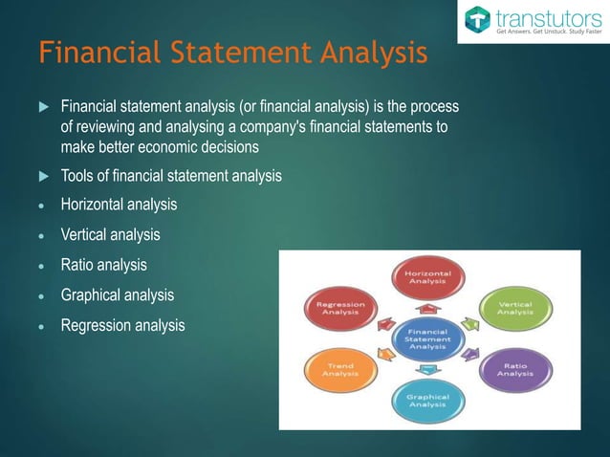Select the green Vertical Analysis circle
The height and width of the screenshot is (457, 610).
click(x=514, y=307)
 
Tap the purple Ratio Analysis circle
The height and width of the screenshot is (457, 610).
click(x=514, y=368)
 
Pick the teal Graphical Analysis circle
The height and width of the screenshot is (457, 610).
click(x=427, y=401)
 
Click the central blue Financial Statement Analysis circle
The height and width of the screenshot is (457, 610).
click(x=427, y=337)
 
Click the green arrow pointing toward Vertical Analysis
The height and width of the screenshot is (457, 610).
click(x=468, y=323)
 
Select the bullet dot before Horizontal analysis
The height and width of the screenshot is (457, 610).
click(x=44, y=206)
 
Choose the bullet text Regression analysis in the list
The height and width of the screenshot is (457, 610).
click(x=122, y=326)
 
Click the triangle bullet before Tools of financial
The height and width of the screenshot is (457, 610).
click(x=43, y=176)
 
